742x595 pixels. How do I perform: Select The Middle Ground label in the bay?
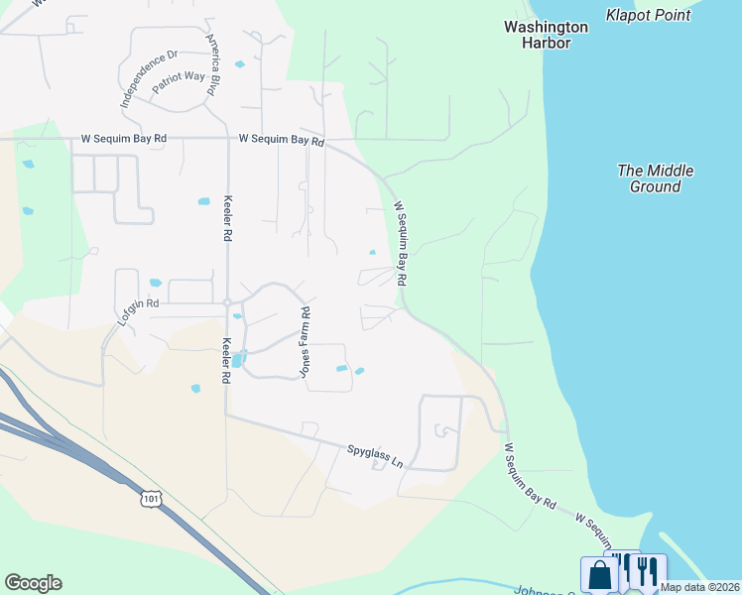(x=655, y=178)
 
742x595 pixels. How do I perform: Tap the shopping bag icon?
(x=599, y=574)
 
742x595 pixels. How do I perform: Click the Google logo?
(x=33, y=583)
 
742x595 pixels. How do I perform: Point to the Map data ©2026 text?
(x=698, y=587)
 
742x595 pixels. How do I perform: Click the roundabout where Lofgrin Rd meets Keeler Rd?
(x=227, y=302)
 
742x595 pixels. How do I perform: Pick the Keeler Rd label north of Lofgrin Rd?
(x=227, y=218)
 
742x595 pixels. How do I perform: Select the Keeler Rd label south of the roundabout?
(x=226, y=361)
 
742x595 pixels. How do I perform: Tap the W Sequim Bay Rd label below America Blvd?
(x=282, y=140)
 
